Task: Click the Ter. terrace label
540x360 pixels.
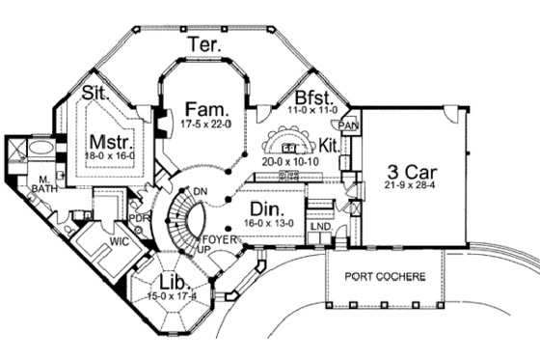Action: [204, 44]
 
